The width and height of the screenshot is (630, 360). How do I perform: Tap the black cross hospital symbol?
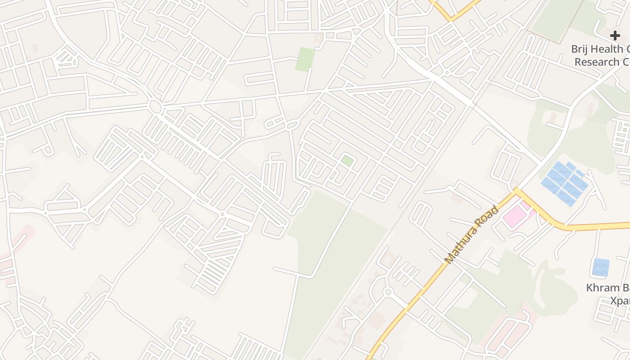(x=615, y=36)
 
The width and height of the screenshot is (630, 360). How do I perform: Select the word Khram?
(x=603, y=288)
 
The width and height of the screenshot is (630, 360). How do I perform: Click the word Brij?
(x=580, y=49)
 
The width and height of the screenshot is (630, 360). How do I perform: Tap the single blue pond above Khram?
(x=601, y=267)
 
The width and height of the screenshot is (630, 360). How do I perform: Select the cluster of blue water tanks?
(x=565, y=183)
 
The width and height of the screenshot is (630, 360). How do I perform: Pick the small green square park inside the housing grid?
(x=347, y=161)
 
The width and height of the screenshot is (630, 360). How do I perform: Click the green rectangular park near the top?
(x=305, y=59)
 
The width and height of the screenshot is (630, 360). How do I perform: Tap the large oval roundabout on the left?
(x=155, y=107)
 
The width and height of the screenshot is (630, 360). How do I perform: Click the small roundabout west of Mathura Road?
(x=388, y=292)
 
